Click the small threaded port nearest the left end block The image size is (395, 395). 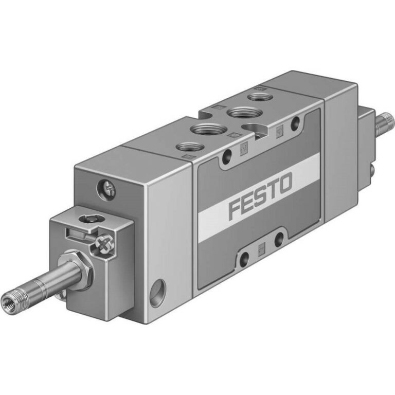coord(187,147)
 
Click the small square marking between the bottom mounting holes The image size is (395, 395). coord(261,247)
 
